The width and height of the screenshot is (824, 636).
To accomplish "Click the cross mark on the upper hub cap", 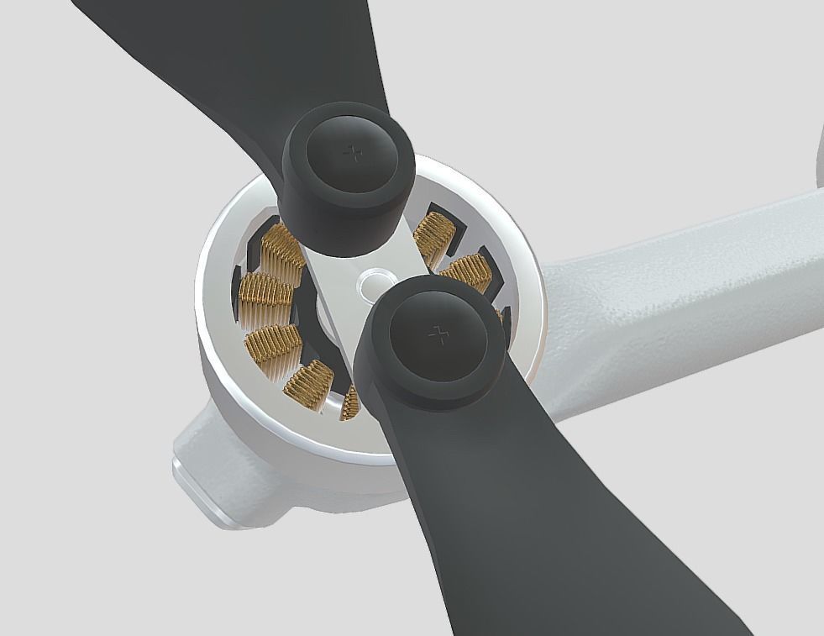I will tap(354, 153).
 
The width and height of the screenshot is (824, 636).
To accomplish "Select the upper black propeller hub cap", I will tap(349, 181).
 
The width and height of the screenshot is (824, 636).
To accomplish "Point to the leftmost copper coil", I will tap(265, 291).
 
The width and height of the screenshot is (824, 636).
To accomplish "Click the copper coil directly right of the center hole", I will tap(464, 272).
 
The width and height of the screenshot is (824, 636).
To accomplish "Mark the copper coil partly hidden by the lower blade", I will tap(349, 404).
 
